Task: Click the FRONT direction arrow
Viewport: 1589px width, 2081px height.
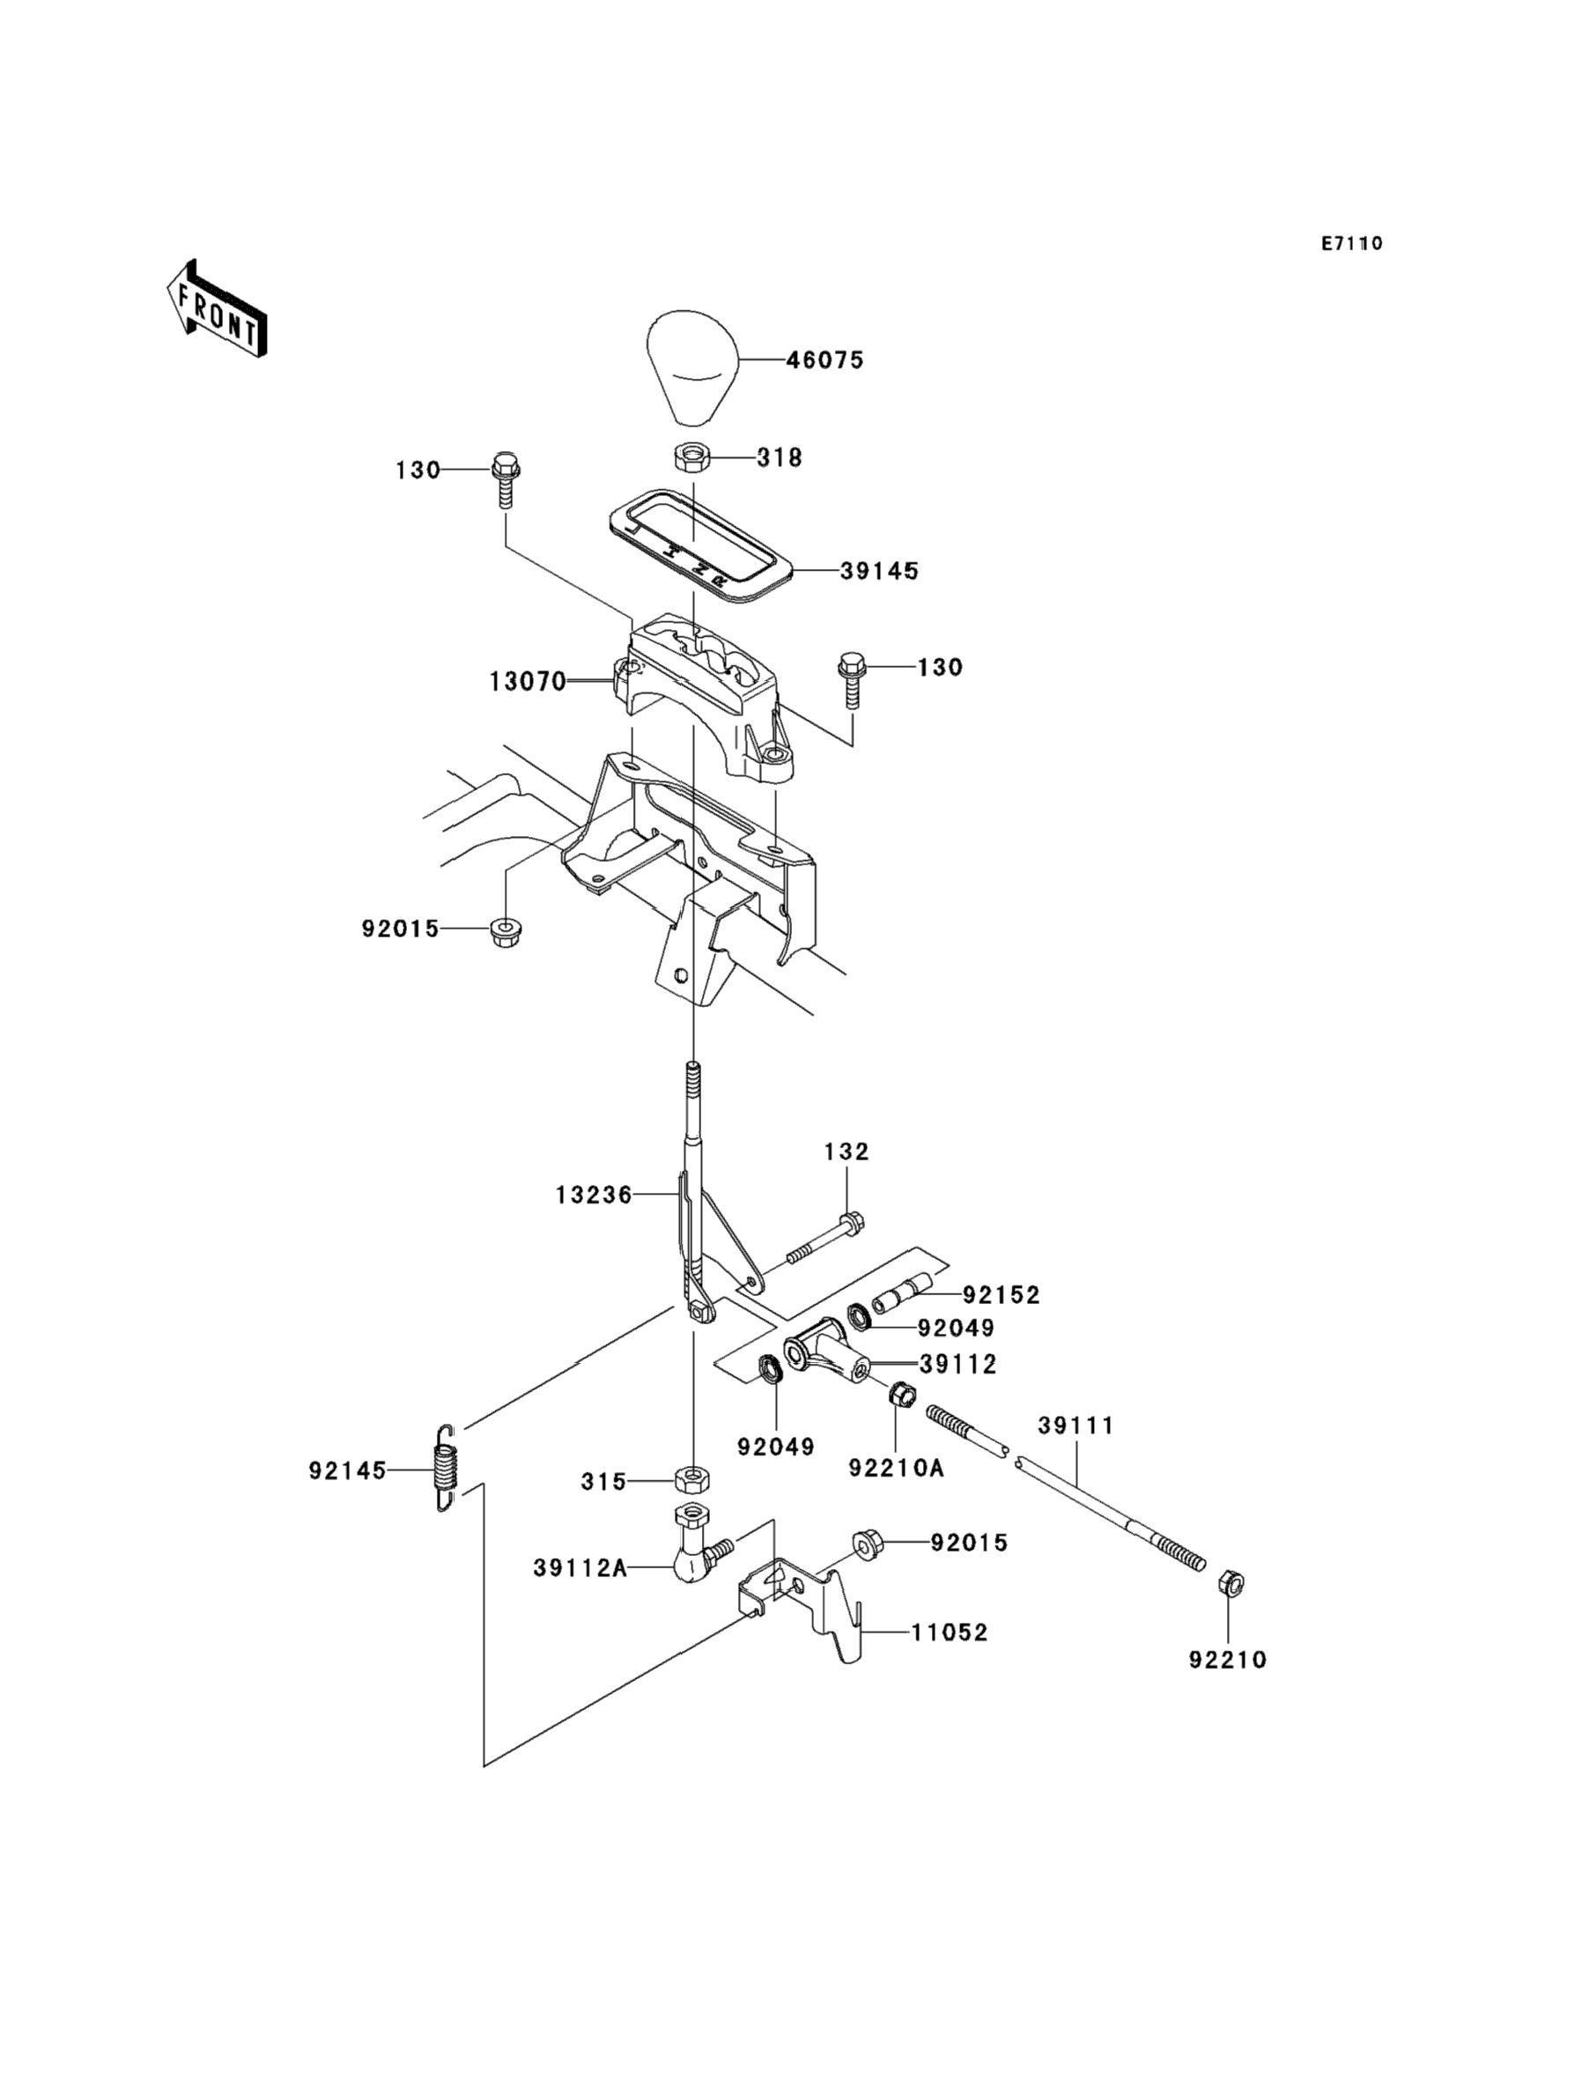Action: coord(217,310)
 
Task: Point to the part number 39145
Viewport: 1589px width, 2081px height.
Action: coord(880,571)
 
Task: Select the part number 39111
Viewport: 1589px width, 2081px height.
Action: coord(1076,1426)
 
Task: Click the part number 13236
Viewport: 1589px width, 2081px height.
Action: coord(593,1196)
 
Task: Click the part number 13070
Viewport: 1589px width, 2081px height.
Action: coord(527,681)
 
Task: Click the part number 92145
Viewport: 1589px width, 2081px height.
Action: coord(347,1471)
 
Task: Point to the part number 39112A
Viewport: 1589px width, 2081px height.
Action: coord(580,1568)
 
